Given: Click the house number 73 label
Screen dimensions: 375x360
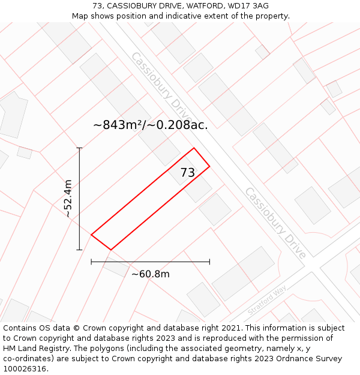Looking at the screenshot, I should click(187, 173).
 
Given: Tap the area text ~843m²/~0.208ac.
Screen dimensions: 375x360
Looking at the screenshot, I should click(151, 125).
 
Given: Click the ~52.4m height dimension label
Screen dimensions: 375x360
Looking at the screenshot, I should click(68, 198).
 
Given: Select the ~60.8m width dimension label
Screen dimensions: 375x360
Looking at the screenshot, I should click(150, 274).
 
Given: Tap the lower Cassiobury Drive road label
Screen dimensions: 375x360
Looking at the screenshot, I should click(275, 223).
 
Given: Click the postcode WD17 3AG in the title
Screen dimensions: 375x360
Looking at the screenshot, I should click(248, 6).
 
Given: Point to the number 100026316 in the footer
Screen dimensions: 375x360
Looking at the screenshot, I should click(25, 369).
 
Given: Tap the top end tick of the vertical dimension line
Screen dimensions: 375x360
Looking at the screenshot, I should click(79, 148).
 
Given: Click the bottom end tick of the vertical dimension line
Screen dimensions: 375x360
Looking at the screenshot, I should click(79, 250).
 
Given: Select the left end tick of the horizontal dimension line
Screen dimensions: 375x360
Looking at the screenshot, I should click(91, 262).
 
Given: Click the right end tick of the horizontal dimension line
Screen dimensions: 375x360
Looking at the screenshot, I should click(209, 262).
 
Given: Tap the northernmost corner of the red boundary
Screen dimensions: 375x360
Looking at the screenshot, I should click(194, 148).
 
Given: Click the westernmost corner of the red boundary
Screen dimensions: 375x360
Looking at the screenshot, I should click(91, 235).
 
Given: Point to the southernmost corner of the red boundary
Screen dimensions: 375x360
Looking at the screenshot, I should click(111, 250).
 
